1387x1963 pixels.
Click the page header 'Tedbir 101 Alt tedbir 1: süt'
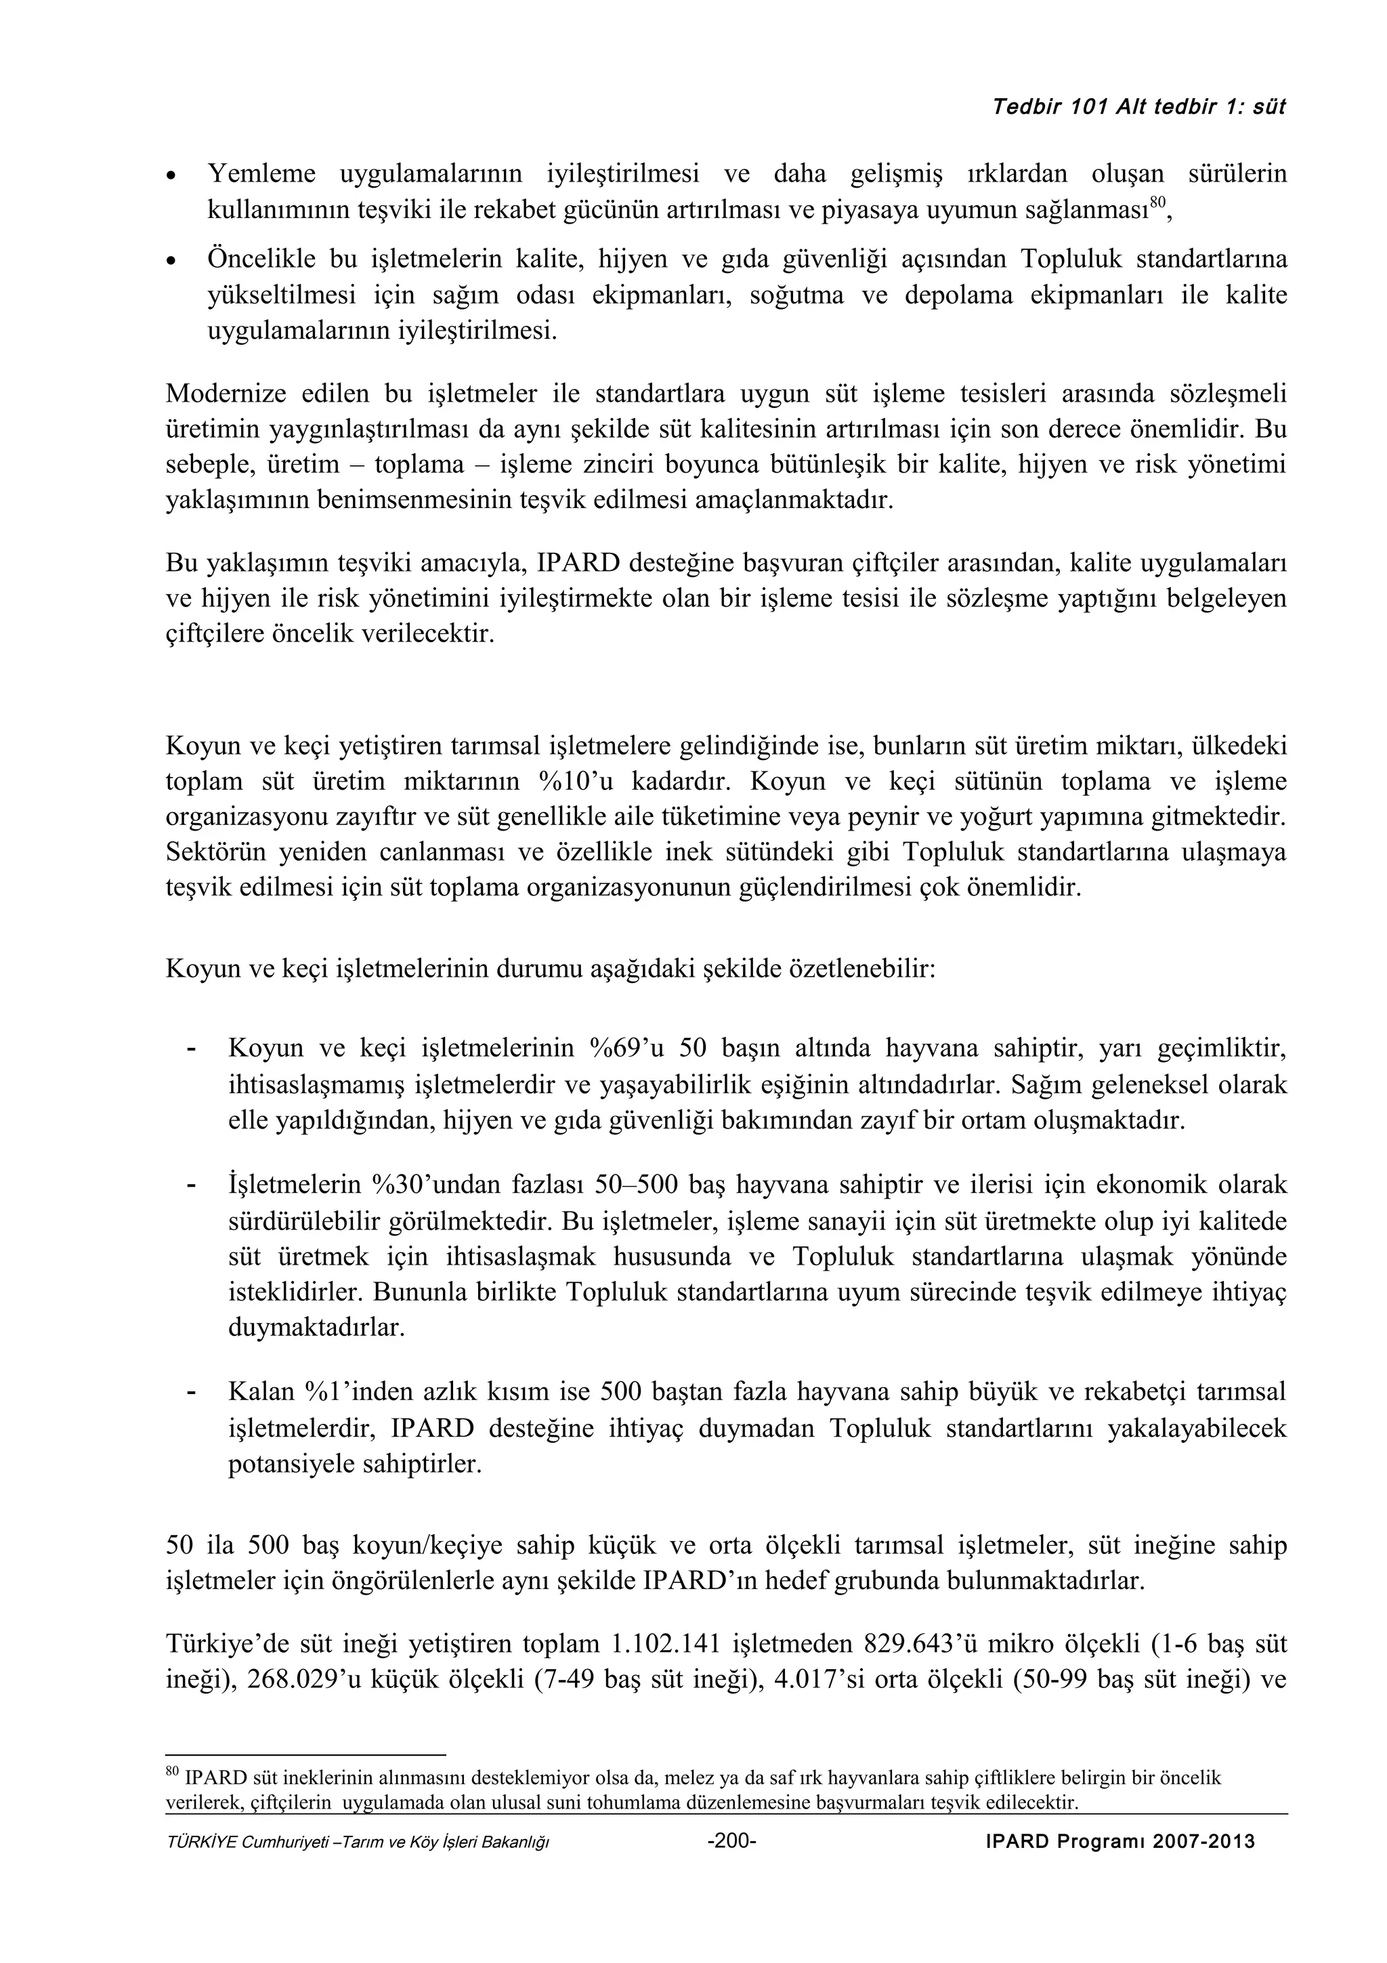pyautogui.click(x=1138, y=108)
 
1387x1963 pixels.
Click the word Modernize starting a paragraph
pyautogui.click(x=225, y=394)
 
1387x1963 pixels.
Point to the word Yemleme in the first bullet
pyautogui.click(x=262, y=174)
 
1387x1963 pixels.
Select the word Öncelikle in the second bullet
pyautogui.click(x=262, y=259)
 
